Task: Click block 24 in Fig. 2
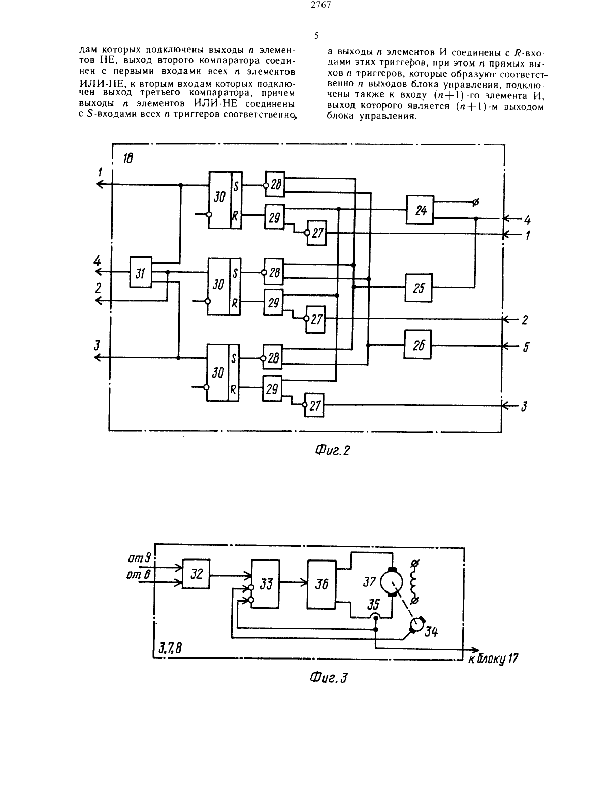(420, 210)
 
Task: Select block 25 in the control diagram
(419, 287)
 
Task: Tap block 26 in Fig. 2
(417, 345)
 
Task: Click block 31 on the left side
(141, 272)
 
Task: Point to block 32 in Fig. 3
(196, 574)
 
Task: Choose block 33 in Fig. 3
(266, 584)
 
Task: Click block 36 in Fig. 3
(321, 584)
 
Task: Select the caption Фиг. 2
(332, 451)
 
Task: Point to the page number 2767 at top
(321, 5)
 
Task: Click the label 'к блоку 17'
(493, 659)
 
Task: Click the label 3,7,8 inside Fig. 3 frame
(170, 647)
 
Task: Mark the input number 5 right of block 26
(526, 347)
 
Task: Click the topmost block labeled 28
(275, 184)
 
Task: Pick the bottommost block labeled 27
(314, 405)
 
